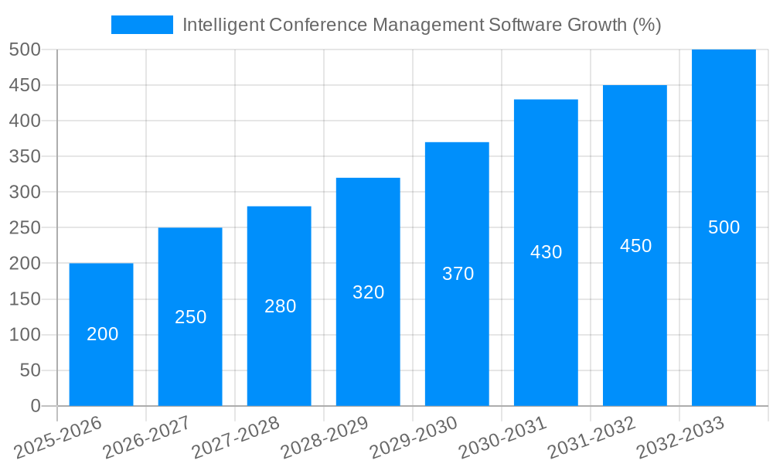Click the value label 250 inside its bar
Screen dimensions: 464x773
pyautogui.click(x=190, y=317)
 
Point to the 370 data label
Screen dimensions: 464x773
pyautogui.click(x=458, y=274)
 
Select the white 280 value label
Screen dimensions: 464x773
pyautogui.click(x=280, y=306)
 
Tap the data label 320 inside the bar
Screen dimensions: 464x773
pyautogui.click(x=368, y=292)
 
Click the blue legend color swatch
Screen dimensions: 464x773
pyautogui.click(x=142, y=25)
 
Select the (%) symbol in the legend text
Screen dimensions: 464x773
pyautogui.click(x=646, y=25)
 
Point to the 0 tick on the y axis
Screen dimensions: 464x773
pyautogui.click(x=35, y=406)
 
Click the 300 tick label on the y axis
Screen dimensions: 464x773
pyautogui.click(x=25, y=192)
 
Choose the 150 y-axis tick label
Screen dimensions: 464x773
pyautogui.click(x=25, y=299)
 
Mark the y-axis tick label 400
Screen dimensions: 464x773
pyautogui.click(x=25, y=121)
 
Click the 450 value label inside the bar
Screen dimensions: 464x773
pyautogui.click(x=635, y=246)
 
